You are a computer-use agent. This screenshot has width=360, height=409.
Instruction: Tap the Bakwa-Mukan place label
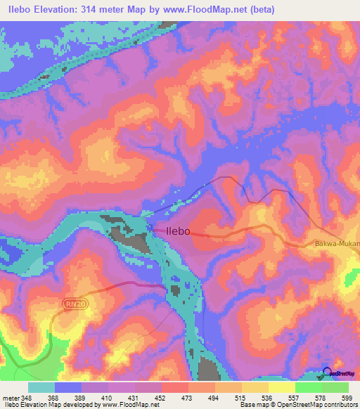336,245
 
